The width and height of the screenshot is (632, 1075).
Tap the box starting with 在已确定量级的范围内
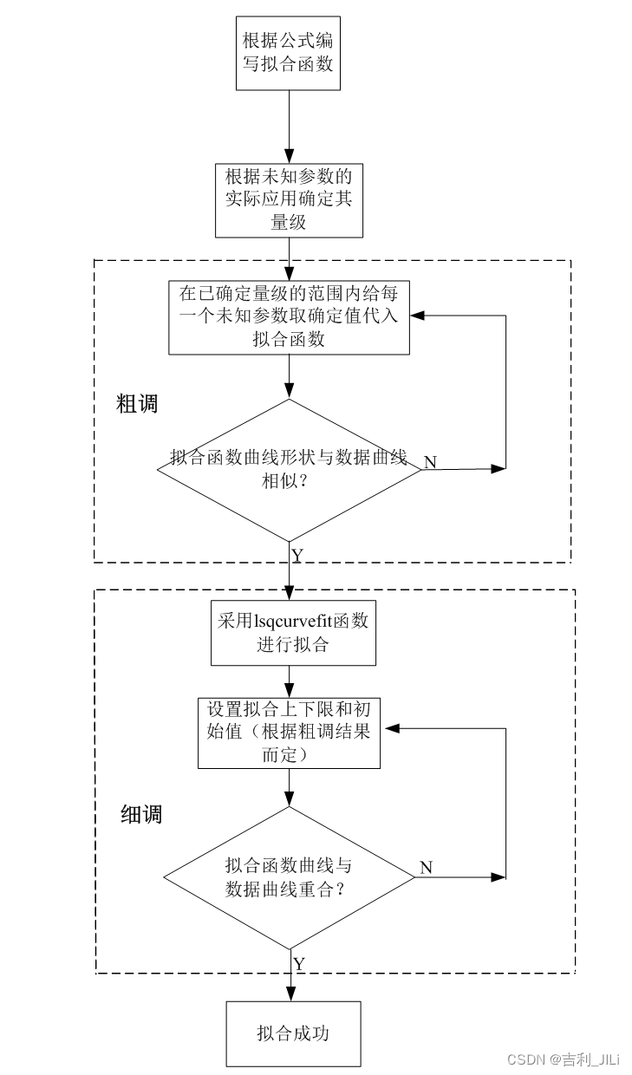(289, 317)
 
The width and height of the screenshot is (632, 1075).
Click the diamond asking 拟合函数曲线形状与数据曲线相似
(289, 469)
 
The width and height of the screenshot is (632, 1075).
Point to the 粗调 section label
(137, 403)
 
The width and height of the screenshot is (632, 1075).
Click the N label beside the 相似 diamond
(429, 462)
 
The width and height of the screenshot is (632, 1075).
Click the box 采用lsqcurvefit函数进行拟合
(294, 632)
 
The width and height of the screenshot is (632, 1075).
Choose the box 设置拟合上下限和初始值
(289, 733)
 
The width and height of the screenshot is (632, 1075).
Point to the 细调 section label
(140, 814)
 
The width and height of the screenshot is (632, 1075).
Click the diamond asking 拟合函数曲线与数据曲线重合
(289, 877)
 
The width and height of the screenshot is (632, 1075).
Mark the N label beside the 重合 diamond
(426, 868)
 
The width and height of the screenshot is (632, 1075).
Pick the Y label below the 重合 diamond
(298, 963)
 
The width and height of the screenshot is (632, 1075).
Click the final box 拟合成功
(293, 1033)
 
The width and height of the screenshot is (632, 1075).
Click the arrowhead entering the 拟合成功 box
(289, 995)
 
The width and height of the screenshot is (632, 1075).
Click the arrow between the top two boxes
(289, 126)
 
